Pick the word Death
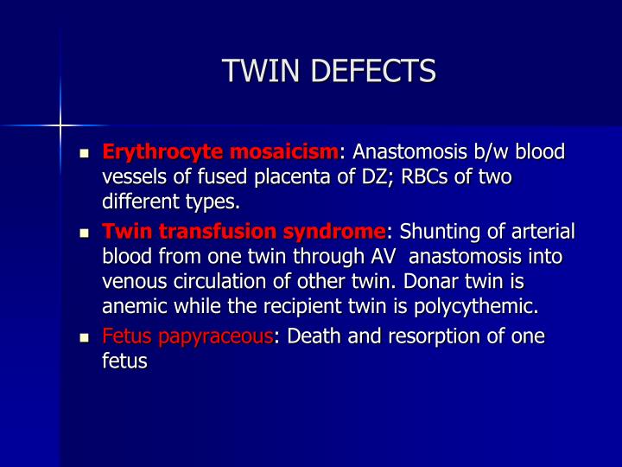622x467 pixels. pos(316,337)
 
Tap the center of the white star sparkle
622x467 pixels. pos(60,126)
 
